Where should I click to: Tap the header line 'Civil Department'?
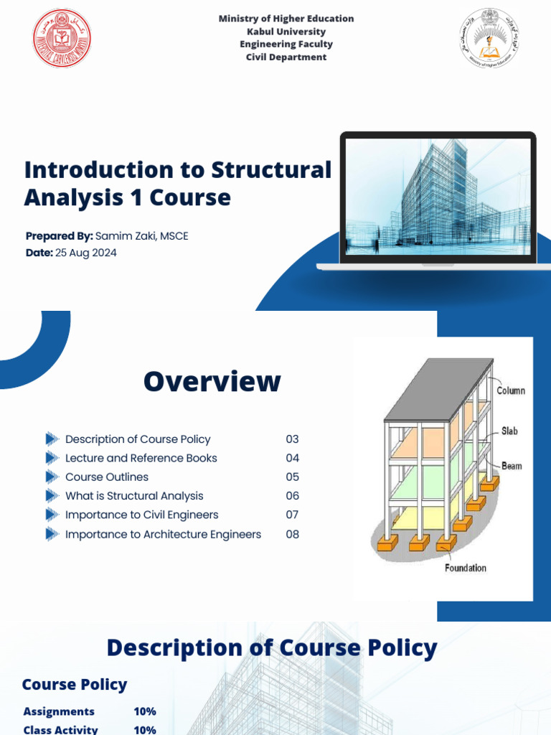(x=286, y=57)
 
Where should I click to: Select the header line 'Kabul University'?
(x=286, y=32)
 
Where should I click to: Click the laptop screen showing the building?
(x=438, y=197)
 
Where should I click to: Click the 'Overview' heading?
(x=212, y=381)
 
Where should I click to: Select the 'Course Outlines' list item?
(x=107, y=477)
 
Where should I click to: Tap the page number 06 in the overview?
(x=292, y=496)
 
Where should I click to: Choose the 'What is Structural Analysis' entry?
(x=134, y=496)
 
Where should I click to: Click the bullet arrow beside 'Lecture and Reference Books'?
(x=52, y=458)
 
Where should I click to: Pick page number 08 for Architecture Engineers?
(x=292, y=534)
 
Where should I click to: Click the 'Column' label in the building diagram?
(x=511, y=391)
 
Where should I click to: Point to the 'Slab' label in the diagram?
(x=509, y=431)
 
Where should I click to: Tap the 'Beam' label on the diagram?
(x=512, y=466)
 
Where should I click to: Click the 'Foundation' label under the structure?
(x=465, y=568)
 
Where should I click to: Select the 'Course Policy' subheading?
(x=75, y=685)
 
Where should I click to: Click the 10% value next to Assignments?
(x=144, y=711)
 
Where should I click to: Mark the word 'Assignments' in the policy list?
(x=59, y=711)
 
